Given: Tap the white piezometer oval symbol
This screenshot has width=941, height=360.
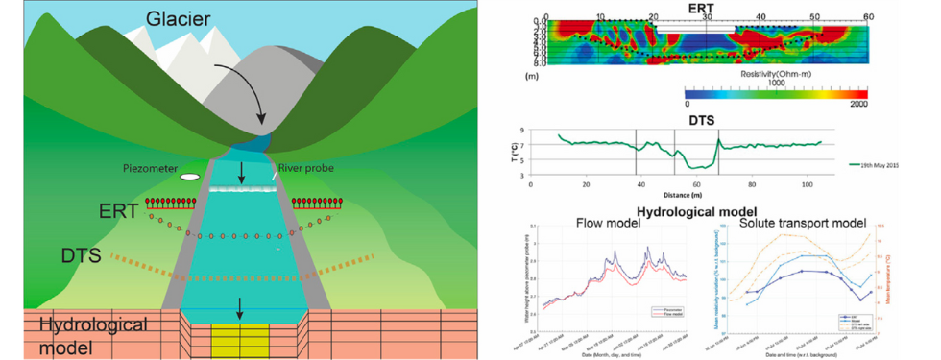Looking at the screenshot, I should click(191, 178).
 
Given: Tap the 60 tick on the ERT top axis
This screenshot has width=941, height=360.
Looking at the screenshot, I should click(867, 16).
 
